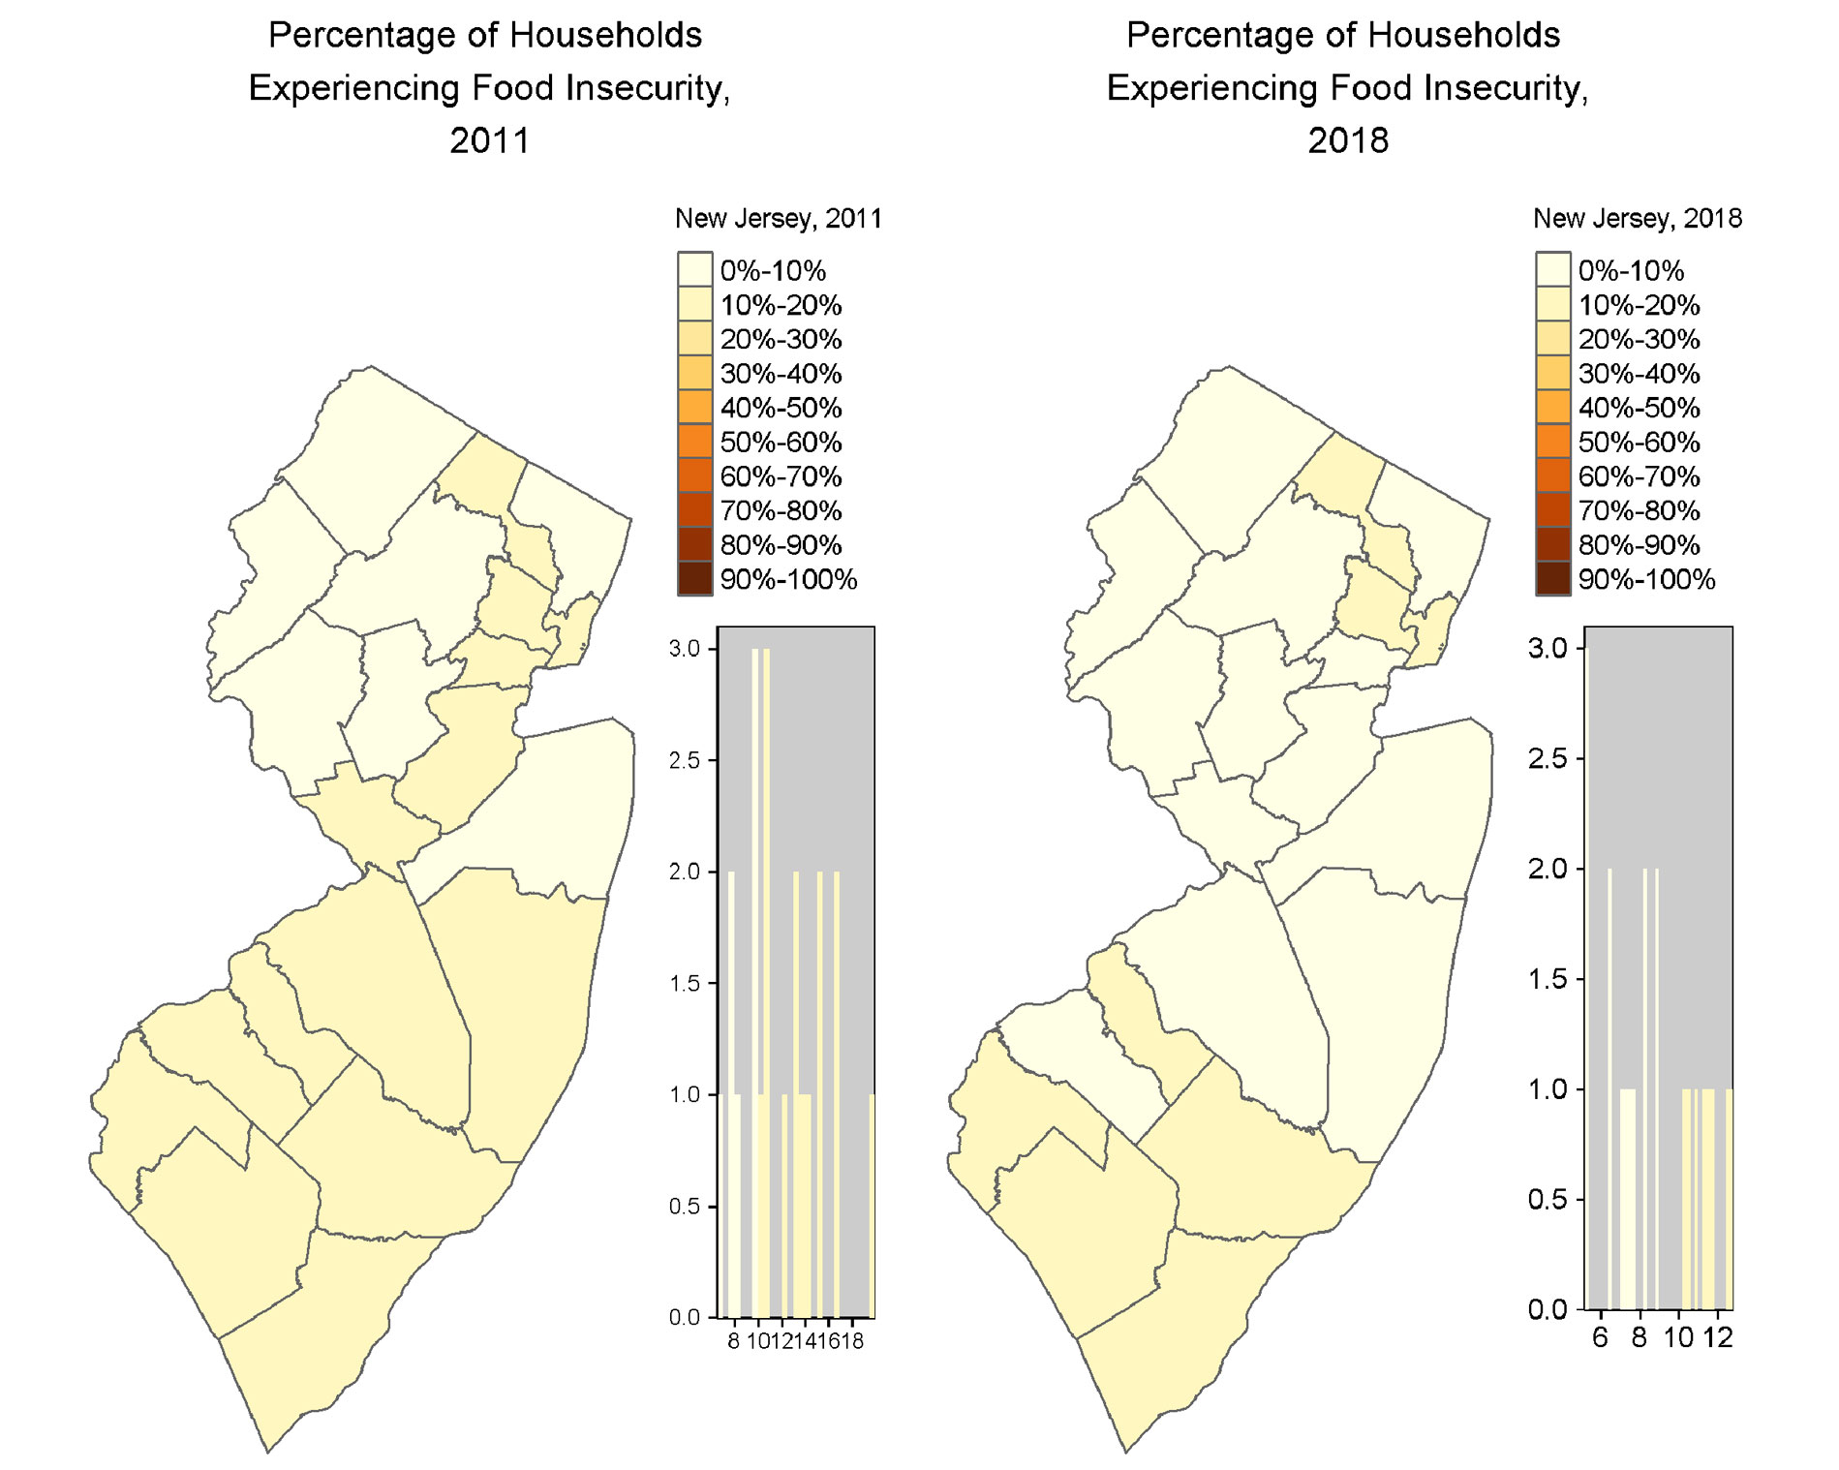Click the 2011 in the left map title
(x=489, y=140)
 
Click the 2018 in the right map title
(x=1347, y=140)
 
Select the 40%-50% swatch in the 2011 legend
(x=694, y=408)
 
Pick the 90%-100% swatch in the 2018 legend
(x=1552, y=579)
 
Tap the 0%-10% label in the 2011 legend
(x=772, y=271)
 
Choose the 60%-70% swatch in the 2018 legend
(x=1552, y=476)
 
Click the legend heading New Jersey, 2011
(x=778, y=219)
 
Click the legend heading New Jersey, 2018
(x=1637, y=219)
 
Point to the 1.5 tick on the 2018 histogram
(x=1547, y=979)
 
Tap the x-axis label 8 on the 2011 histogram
(x=733, y=1341)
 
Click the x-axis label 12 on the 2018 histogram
(x=1717, y=1338)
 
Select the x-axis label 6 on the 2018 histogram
(x=1599, y=1338)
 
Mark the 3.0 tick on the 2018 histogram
(x=1547, y=648)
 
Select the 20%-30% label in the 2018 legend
(x=1639, y=340)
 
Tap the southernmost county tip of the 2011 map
(x=267, y=1450)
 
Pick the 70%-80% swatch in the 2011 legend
(x=694, y=510)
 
